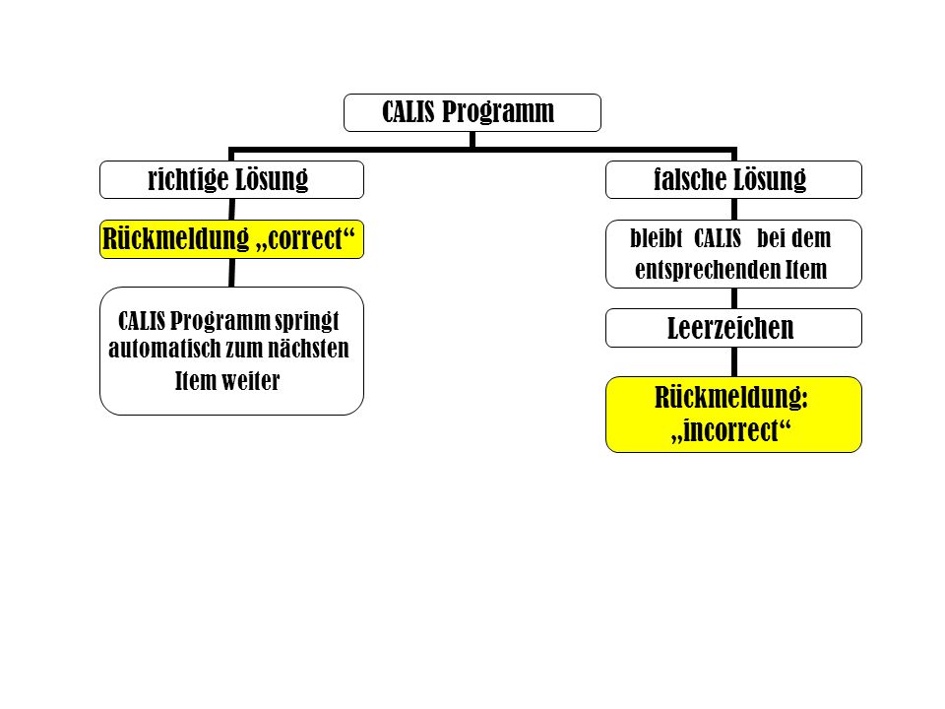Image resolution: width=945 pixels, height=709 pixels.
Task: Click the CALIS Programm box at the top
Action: [x=472, y=112]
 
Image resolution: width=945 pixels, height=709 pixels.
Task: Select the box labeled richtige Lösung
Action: [x=231, y=179]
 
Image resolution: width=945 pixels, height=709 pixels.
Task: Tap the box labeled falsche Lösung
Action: [x=733, y=179]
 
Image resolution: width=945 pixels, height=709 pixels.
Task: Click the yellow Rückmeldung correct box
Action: [x=231, y=239]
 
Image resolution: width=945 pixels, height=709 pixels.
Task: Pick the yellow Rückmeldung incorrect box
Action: [x=733, y=415]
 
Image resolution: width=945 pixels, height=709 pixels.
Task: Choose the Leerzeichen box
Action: [x=733, y=328]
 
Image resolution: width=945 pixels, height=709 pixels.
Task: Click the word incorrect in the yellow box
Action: [x=731, y=430]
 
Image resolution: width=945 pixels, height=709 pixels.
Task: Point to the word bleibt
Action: [x=657, y=238]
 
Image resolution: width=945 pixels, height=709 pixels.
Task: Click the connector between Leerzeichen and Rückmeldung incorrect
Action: [x=734, y=361]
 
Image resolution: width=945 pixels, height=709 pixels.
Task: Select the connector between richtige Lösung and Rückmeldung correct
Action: [x=232, y=209]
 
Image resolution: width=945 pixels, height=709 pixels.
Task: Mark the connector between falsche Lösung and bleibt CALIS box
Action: [x=734, y=209]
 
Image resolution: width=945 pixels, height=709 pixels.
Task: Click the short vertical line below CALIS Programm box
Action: [x=472, y=139]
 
